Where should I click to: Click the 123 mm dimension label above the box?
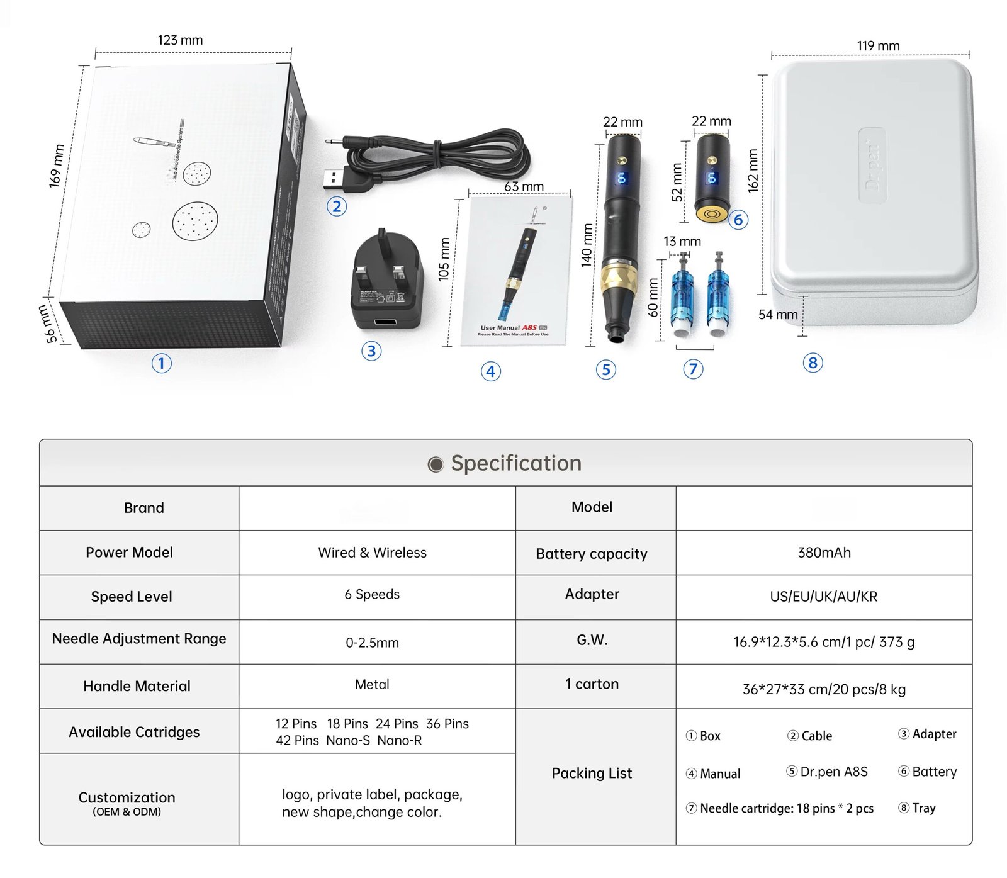(180, 40)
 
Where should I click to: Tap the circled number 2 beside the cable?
(337, 206)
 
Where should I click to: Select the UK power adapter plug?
(385, 281)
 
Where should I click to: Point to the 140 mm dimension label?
(587, 245)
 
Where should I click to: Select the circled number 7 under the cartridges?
(693, 369)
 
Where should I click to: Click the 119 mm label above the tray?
(878, 46)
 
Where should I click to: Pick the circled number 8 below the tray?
(813, 363)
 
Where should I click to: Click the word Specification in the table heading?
(516, 463)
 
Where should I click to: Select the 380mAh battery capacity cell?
(824, 553)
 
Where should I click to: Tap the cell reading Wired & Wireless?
(372, 553)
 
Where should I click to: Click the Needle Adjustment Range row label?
(139, 639)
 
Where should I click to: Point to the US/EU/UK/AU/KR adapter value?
(823, 597)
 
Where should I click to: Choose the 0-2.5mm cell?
(372, 643)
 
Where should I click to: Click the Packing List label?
(592, 774)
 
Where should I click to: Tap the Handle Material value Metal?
(372, 684)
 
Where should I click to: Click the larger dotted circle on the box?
(195, 221)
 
